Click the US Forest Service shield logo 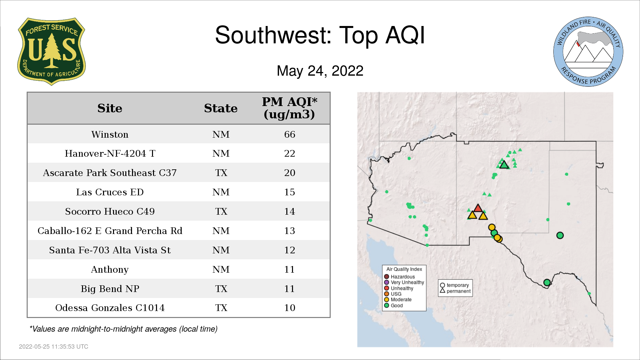click(51, 51)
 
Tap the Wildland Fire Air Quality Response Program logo click(588, 52)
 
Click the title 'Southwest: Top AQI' click(320, 35)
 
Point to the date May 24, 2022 click(320, 71)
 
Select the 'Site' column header click(110, 108)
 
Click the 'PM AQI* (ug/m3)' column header click(289, 108)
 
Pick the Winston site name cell click(110, 134)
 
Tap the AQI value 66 click(290, 134)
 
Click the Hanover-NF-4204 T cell click(110, 153)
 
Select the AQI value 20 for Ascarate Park click(290, 173)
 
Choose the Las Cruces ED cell click(110, 192)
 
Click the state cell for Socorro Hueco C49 click(221, 211)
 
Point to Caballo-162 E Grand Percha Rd click(110, 231)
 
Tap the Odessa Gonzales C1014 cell click(110, 308)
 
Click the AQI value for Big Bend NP click(290, 289)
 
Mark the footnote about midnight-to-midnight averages click(123, 329)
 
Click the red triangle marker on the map click(478, 208)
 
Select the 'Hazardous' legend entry click(400, 277)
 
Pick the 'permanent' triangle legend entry click(455, 291)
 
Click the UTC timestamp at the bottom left click(54, 347)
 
